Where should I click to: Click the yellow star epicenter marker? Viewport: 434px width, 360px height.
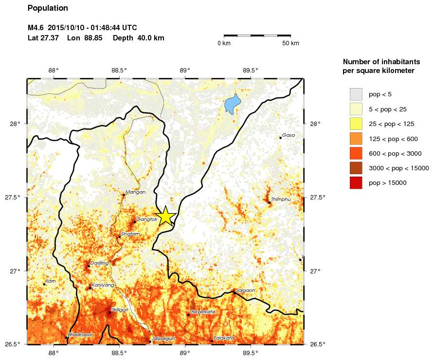tap(165, 216)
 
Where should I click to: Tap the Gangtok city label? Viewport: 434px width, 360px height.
tap(147, 219)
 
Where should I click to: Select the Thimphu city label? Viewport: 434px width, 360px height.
tap(280, 199)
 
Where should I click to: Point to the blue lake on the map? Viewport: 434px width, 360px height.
tap(232, 104)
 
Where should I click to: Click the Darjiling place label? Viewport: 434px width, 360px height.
tap(99, 263)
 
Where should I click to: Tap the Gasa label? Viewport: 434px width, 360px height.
tap(289, 135)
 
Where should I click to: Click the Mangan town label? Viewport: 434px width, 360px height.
tap(132, 192)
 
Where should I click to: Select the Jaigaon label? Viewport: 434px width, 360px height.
tap(245, 290)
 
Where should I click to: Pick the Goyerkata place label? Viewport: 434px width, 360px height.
tap(202, 312)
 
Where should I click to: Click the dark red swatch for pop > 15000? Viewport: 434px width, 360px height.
tap(356, 183)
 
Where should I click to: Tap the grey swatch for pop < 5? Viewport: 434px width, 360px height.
tap(356, 94)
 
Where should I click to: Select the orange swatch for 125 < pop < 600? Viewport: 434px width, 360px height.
tap(356, 139)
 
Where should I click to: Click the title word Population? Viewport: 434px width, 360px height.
tap(48, 8)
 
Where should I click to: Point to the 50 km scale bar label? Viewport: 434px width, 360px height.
tap(291, 43)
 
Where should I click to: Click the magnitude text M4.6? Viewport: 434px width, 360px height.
tap(36, 28)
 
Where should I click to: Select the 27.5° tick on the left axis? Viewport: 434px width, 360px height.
tap(15, 198)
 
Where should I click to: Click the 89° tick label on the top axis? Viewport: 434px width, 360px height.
tap(185, 70)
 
